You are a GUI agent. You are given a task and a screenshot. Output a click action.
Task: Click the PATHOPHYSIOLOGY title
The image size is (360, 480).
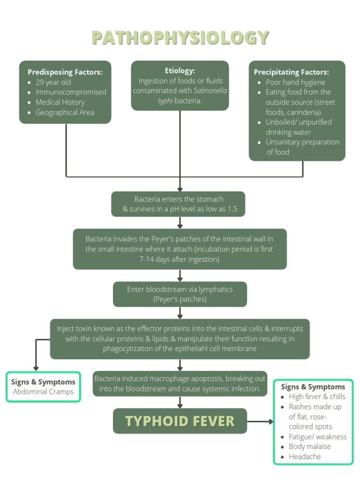pos(180,37)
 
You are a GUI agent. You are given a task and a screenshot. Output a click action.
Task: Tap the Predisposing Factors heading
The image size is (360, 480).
pos(65,72)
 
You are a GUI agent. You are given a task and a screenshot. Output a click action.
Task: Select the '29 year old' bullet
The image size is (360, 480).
pos(53,82)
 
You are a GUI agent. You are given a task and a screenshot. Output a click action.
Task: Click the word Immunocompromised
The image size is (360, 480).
pos(71,92)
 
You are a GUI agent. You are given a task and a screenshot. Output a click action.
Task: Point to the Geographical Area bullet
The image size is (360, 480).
pos(65,112)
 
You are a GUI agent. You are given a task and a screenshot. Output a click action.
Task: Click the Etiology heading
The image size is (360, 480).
pos(180,71)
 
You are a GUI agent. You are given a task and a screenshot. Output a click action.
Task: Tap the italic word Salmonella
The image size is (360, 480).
pos(210,91)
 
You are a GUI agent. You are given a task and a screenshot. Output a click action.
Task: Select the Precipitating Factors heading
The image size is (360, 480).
pos(291,72)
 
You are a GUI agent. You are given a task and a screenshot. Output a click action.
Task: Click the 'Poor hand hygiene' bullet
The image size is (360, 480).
pos(295,82)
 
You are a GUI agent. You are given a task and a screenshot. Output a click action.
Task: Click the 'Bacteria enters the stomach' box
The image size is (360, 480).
pos(178,204)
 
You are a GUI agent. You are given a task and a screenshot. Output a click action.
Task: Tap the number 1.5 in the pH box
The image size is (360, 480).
pos(232,209)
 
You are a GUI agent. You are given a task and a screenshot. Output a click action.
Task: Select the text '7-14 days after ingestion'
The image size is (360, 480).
pos(179,259)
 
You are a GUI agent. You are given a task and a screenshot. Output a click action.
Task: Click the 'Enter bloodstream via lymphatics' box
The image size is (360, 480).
pos(180,294)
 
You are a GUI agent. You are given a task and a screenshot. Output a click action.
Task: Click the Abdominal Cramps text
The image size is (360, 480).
pos(43,392)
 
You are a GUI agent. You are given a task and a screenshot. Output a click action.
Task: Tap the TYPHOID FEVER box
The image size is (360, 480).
pos(180,421)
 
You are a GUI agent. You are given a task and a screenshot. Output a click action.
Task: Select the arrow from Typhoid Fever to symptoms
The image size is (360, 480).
pos(260,421)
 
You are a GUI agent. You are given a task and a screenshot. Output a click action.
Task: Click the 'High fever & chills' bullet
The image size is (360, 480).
pos(317,397)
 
